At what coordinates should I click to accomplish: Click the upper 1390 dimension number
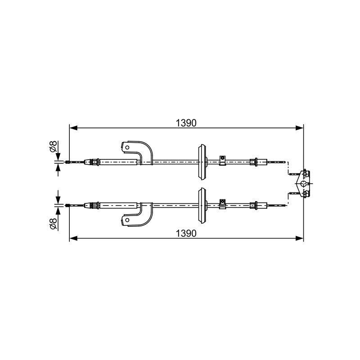click(x=186, y=123)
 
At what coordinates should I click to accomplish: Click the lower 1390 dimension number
click(x=186, y=234)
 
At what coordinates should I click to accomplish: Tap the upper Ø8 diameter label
click(x=53, y=146)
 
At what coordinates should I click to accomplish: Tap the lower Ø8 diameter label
click(x=53, y=224)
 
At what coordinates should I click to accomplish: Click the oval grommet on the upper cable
click(x=202, y=162)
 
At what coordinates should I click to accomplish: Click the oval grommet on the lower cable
click(x=202, y=206)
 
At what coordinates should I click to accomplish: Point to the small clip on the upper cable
click(x=222, y=160)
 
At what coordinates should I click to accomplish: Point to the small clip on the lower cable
click(x=222, y=204)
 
